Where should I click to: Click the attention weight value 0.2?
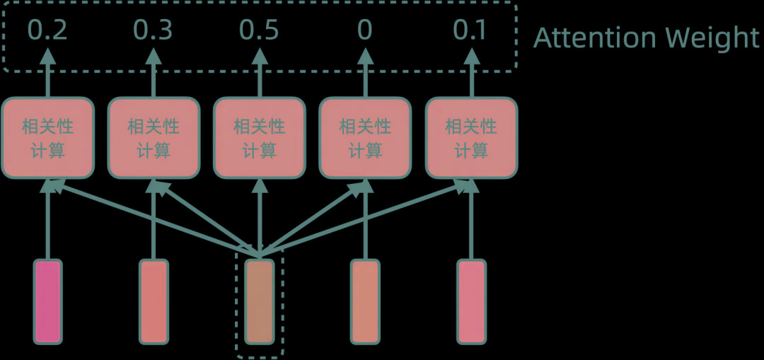tap(47, 31)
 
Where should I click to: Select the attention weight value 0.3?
tap(154, 31)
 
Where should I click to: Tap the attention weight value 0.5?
tap(259, 31)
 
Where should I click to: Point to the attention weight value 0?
tap(365, 31)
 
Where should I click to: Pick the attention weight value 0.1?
tap(470, 31)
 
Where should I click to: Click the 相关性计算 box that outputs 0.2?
tap(47, 138)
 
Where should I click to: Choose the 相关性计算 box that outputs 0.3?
tap(154, 138)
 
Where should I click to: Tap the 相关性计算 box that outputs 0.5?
tap(259, 138)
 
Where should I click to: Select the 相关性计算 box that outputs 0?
tap(365, 138)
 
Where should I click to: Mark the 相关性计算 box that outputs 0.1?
tap(470, 138)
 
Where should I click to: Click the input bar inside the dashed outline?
tap(259, 302)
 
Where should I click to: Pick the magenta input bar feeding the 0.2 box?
tap(47, 302)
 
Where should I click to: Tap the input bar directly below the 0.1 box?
tap(471, 302)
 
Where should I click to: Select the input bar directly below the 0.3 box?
tap(154, 302)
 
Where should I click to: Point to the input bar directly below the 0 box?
tap(365, 302)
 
